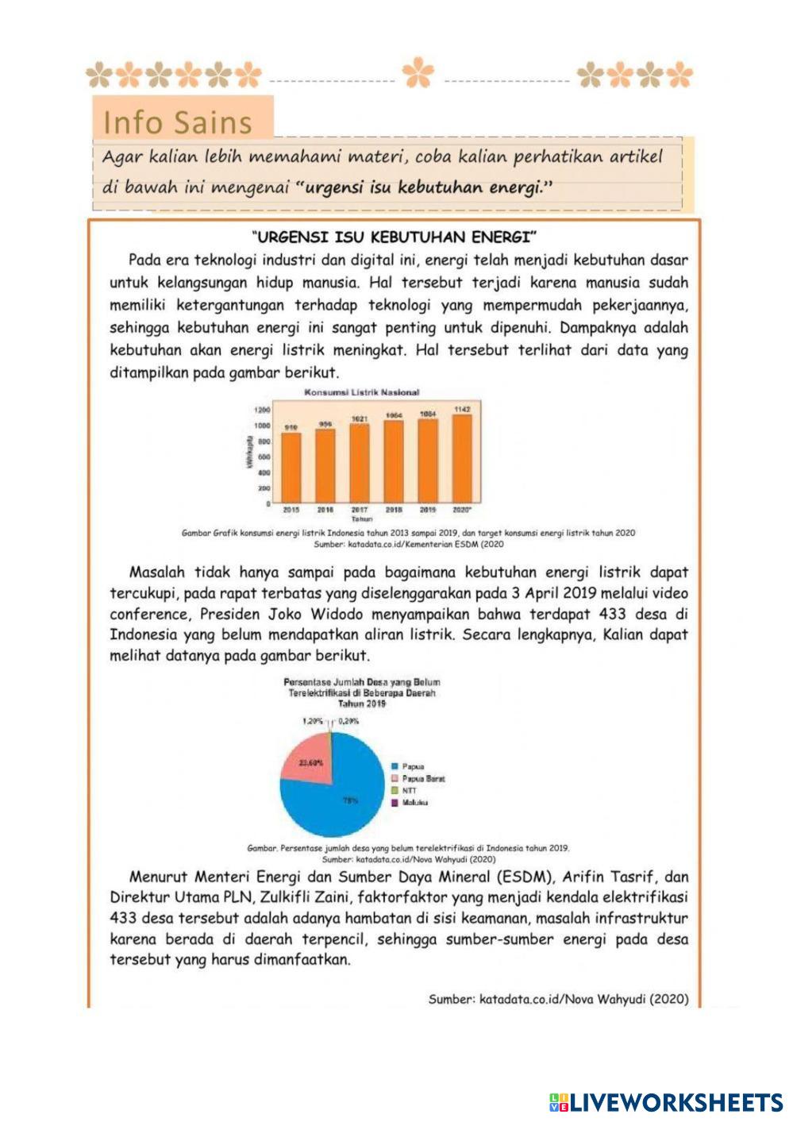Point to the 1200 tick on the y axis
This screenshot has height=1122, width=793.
point(262,410)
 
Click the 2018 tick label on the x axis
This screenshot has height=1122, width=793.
point(394,510)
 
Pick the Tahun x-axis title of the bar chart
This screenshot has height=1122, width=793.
point(361,519)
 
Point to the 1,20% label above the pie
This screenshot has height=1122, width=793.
point(313,721)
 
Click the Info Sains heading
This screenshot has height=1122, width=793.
point(178,122)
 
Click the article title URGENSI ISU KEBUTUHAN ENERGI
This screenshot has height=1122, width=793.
point(395,237)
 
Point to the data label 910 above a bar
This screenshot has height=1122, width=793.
point(291,427)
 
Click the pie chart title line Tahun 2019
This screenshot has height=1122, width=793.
point(362,704)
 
